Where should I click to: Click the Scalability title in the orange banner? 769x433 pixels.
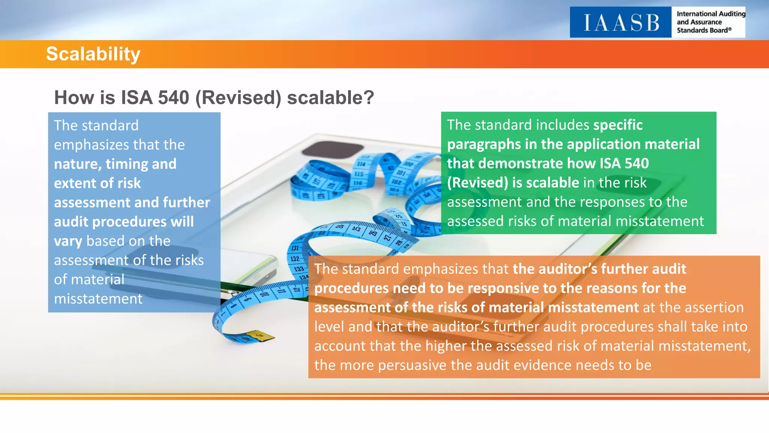click(93, 54)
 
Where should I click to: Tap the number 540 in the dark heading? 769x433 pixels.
click(173, 98)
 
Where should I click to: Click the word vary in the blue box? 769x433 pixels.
click(68, 241)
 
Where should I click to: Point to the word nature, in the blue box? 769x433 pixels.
click(77, 164)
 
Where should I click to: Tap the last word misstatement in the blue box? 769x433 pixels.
click(98, 299)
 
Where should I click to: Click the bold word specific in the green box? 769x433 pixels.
click(618, 125)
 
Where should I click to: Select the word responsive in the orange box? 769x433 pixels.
click(503, 288)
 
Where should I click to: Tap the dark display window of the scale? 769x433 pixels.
click(332, 150)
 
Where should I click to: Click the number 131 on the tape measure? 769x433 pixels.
click(295, 248)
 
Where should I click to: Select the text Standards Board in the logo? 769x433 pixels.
click(702, 30)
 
